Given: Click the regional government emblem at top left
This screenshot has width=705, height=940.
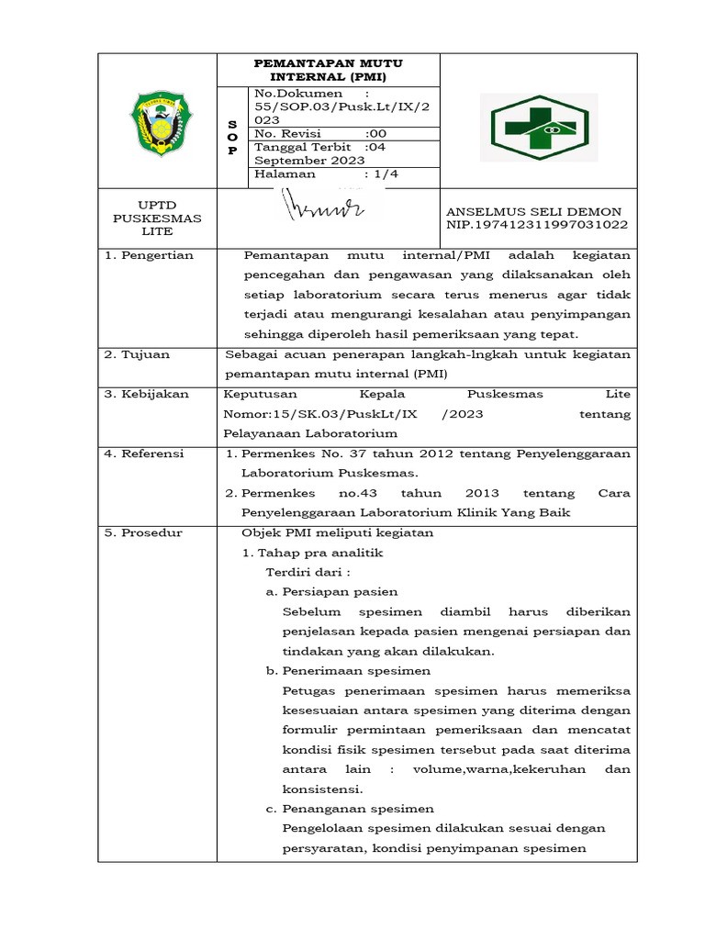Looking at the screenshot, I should [157, 122].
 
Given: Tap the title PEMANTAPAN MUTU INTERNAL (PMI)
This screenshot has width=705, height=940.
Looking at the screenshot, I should [328, 70].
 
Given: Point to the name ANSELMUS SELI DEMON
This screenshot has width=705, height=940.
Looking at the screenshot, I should [533, 212].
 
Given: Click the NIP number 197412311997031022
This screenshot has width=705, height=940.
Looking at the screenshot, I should [537, 225].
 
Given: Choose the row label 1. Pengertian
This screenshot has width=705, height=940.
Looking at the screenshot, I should [148, 255].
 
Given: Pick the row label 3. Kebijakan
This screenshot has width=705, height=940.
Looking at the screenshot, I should [146, 394].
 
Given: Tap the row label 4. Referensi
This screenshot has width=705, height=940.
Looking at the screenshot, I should [143, 453].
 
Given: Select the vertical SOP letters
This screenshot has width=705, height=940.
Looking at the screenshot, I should [232, 137].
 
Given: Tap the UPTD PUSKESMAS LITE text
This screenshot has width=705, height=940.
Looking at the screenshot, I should [157, 218].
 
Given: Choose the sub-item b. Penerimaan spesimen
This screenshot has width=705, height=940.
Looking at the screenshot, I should [348, 671].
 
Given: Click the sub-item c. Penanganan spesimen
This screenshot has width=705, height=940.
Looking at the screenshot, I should [350, 809].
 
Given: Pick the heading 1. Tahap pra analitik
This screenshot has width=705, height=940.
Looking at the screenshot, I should [312, 553].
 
